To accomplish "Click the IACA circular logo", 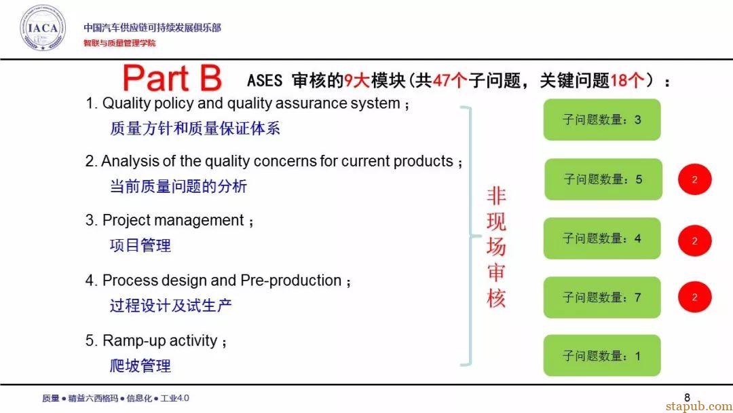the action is (43, 28).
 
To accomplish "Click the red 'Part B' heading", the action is (172, 78).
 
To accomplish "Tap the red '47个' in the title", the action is (449, 80).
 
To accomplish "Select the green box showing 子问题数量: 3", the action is (601, 120).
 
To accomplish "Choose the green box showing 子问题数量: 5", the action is (603, 179).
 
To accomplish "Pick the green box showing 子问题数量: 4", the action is (601, 238).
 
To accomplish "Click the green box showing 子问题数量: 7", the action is (601, 298).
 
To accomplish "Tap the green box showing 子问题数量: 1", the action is (601, 355).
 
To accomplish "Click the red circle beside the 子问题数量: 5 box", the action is (695, 179).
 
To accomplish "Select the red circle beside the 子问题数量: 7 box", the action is (695, 297).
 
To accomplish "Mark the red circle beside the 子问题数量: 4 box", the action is (695, 241).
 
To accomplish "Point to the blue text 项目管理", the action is (140, 245).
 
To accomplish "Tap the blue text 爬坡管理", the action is (140, 365).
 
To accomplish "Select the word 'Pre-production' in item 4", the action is (290, 281).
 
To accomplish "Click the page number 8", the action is (687, 397).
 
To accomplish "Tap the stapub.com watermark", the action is (699, 406).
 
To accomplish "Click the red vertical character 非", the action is (496, 196).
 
